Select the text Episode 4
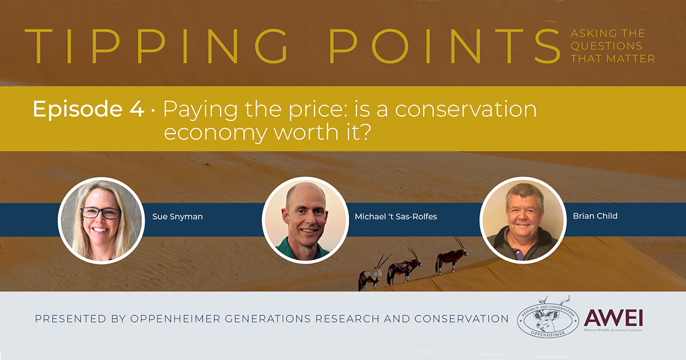tap(88, 109)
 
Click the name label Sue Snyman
tap(177, 217)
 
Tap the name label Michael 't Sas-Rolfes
tap(396, 217)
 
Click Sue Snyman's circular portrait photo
tap(101, 220)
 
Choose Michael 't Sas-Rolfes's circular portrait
tap(305, 220)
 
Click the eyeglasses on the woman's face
tap(101, 213)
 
